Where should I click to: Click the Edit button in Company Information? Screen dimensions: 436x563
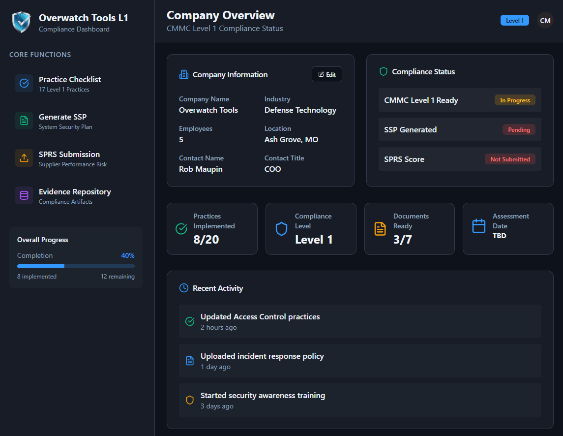pos(327,74)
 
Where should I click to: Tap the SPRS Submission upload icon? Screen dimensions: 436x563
pos(24,158)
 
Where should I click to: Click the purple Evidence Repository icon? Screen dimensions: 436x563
pos(24,195)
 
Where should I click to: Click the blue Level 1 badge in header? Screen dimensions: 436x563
pos(514,21)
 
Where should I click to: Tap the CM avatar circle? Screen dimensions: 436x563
pos(545,21)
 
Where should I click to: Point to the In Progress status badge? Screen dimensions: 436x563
pos(515,100)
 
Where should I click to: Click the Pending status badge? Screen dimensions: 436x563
pos(519,130)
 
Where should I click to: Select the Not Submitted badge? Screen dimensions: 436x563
pos(510,159)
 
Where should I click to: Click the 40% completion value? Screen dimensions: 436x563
pos(128,255)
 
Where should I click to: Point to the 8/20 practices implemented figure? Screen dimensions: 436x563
pos(206,240)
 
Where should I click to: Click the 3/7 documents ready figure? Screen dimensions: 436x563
pos(403,240)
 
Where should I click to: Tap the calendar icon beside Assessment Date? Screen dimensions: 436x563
pos(478,226)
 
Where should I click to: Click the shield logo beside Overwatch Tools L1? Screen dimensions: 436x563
pos(21,22)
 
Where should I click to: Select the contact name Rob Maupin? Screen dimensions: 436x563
pos(201,169)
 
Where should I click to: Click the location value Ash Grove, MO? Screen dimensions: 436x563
pos(291,140)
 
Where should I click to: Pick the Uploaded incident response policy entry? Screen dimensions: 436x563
pos(262,356)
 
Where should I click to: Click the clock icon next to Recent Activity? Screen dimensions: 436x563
pos(184,288)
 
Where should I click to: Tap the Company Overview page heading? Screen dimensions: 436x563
pos(221,15)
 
